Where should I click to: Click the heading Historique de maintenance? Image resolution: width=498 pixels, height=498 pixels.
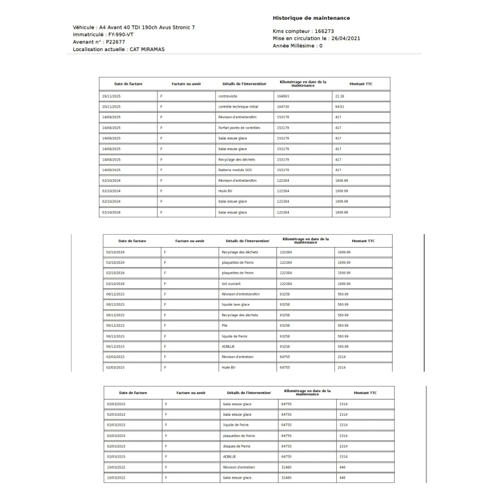[311, 18]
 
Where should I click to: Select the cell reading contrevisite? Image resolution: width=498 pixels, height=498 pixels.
[228, 96]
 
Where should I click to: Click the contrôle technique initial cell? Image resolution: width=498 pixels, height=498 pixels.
[238, 106]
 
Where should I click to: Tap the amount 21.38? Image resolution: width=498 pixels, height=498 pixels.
[339, 96]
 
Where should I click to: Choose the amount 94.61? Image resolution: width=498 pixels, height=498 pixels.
[339, 106]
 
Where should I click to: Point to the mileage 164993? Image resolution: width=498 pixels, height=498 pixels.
[283, 96]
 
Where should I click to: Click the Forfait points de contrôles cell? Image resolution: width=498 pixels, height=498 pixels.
[239, 128]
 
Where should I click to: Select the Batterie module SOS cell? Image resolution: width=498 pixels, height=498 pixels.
[235, 170]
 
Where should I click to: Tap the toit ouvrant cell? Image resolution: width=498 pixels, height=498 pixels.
[232, 283]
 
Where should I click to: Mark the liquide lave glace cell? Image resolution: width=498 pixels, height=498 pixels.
[235, 304]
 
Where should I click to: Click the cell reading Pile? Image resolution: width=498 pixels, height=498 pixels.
[225, 326]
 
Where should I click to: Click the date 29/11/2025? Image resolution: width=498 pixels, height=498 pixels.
[111, 96]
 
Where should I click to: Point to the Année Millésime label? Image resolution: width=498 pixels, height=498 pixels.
[294, 46]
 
